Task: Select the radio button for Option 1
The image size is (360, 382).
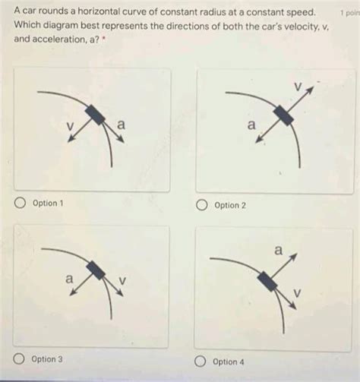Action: tap(20, 203)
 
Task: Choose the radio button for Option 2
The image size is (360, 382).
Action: tap(201, 205)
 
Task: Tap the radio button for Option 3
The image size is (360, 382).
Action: tap(19, 359)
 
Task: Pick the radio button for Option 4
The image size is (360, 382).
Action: tap(200, 361)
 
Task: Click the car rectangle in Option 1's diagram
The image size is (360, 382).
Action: tap(95, 115)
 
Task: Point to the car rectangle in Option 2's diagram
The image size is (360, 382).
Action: tap(283, 115)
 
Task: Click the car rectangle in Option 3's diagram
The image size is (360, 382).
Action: tap(96, 270)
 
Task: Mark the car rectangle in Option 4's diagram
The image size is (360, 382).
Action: tap(267, 281)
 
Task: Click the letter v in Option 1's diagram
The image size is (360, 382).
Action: tap(70, 126)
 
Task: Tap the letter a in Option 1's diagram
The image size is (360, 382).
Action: tap(122, 125)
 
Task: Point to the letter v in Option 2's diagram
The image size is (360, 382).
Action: tap(298, 87)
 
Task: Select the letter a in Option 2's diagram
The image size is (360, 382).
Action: tap(251, 125)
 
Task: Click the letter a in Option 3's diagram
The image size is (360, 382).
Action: tap(69, 279)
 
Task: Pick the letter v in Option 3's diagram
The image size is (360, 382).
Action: tap(122, 280)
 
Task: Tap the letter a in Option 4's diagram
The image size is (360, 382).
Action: tap(278, 250)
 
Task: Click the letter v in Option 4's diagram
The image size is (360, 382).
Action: tap(298, 292)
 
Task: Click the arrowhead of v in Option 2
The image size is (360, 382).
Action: tap(311, 90)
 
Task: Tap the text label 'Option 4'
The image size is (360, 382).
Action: tap(229, 361)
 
